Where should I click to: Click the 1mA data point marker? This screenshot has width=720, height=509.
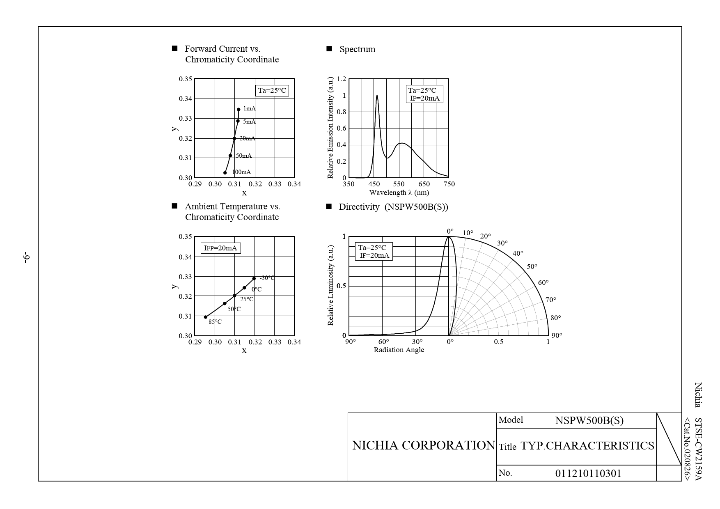point(238,109)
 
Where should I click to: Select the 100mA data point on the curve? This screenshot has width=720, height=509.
point(225,173)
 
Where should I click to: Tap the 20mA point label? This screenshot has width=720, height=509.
point(247,139)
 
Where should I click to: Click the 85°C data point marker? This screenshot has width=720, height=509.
point(206,317)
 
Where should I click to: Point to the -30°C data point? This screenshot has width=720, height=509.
point(254,279)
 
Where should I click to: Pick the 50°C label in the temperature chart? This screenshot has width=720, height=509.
point(234,309)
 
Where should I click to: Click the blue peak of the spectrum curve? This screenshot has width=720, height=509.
point(377,96)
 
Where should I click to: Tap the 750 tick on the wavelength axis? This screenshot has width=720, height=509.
point(449,184)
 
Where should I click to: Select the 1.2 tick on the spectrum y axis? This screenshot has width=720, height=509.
point(341,79)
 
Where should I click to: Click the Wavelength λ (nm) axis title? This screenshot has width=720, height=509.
point(399,193)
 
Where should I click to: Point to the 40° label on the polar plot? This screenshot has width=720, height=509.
point(518,254)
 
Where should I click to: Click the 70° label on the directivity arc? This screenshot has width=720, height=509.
point(550,300)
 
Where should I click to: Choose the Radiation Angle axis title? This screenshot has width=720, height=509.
point(399,350)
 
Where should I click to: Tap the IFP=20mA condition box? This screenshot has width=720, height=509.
point(220,248)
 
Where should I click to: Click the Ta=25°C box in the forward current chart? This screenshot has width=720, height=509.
point(272,91)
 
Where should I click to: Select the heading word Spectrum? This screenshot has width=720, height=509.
point(357,49)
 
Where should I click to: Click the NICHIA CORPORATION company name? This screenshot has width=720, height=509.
point(424,445)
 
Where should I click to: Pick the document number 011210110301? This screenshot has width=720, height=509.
point(588,474)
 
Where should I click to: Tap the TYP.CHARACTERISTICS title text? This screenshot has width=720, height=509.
point(587,446)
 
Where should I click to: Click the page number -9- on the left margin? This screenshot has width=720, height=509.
point(27,258)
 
